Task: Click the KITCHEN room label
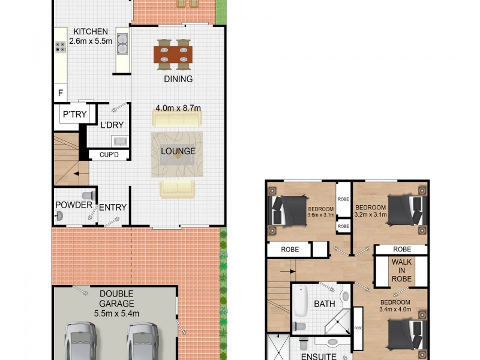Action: click(91, 32)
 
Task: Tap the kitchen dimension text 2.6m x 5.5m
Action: click(91, 41)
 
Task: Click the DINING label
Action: click(178, 79)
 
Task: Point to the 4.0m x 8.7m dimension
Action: click(178, 108)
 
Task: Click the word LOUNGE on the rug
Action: click(178, 151)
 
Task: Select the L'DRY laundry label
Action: click(112, 127)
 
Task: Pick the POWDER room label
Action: click(73, 205)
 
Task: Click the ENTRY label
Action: click(112, 208)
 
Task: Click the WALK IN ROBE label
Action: click(401, 271)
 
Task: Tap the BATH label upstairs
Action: click(325, 304)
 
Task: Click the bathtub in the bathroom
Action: click(301, 304)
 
